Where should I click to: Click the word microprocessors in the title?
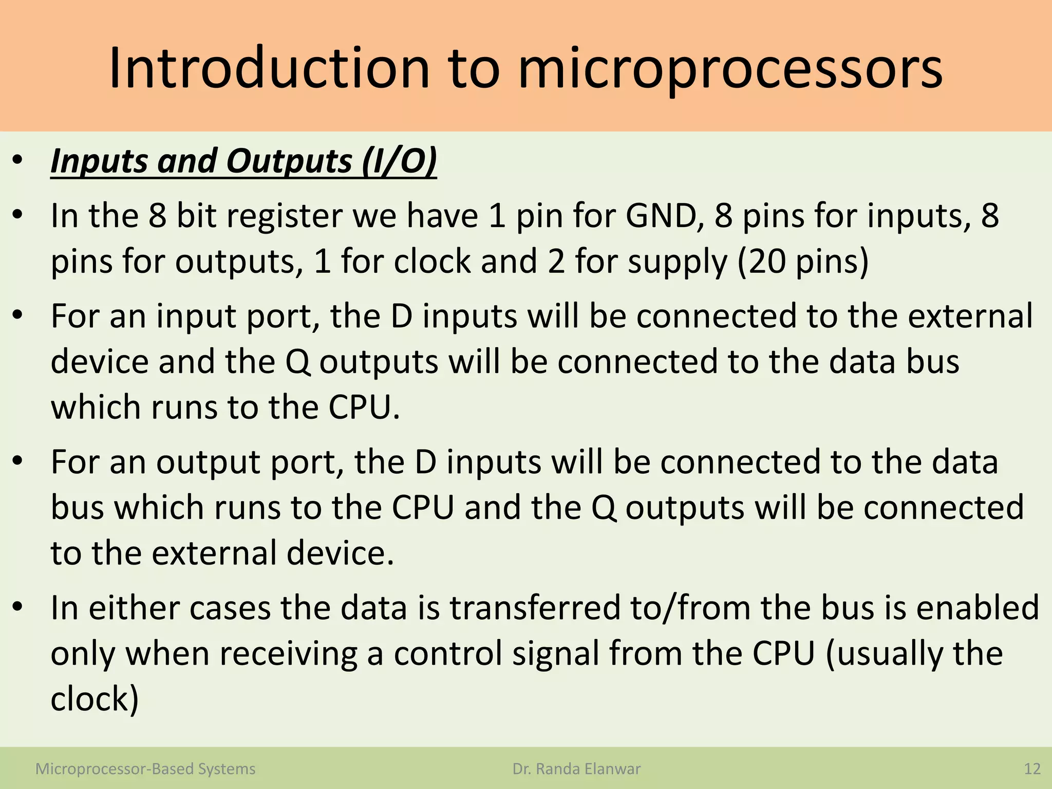coord(730,69)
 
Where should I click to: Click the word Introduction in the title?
coord(269,69)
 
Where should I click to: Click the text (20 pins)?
coord(803,261)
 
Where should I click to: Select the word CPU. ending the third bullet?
coord(364,407)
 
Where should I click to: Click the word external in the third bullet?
coord(970,316)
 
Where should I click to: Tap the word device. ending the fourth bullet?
coord(340,553)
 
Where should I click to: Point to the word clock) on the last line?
coord(95,699)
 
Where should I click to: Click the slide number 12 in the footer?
coord(1032,769)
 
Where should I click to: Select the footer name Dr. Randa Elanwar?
coord(576,769)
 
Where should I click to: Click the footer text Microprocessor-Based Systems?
coord(145,769)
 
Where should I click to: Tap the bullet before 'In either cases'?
coord(18,608)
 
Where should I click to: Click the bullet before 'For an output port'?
coord(18,462)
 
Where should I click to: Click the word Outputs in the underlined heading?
coord(289,161)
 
